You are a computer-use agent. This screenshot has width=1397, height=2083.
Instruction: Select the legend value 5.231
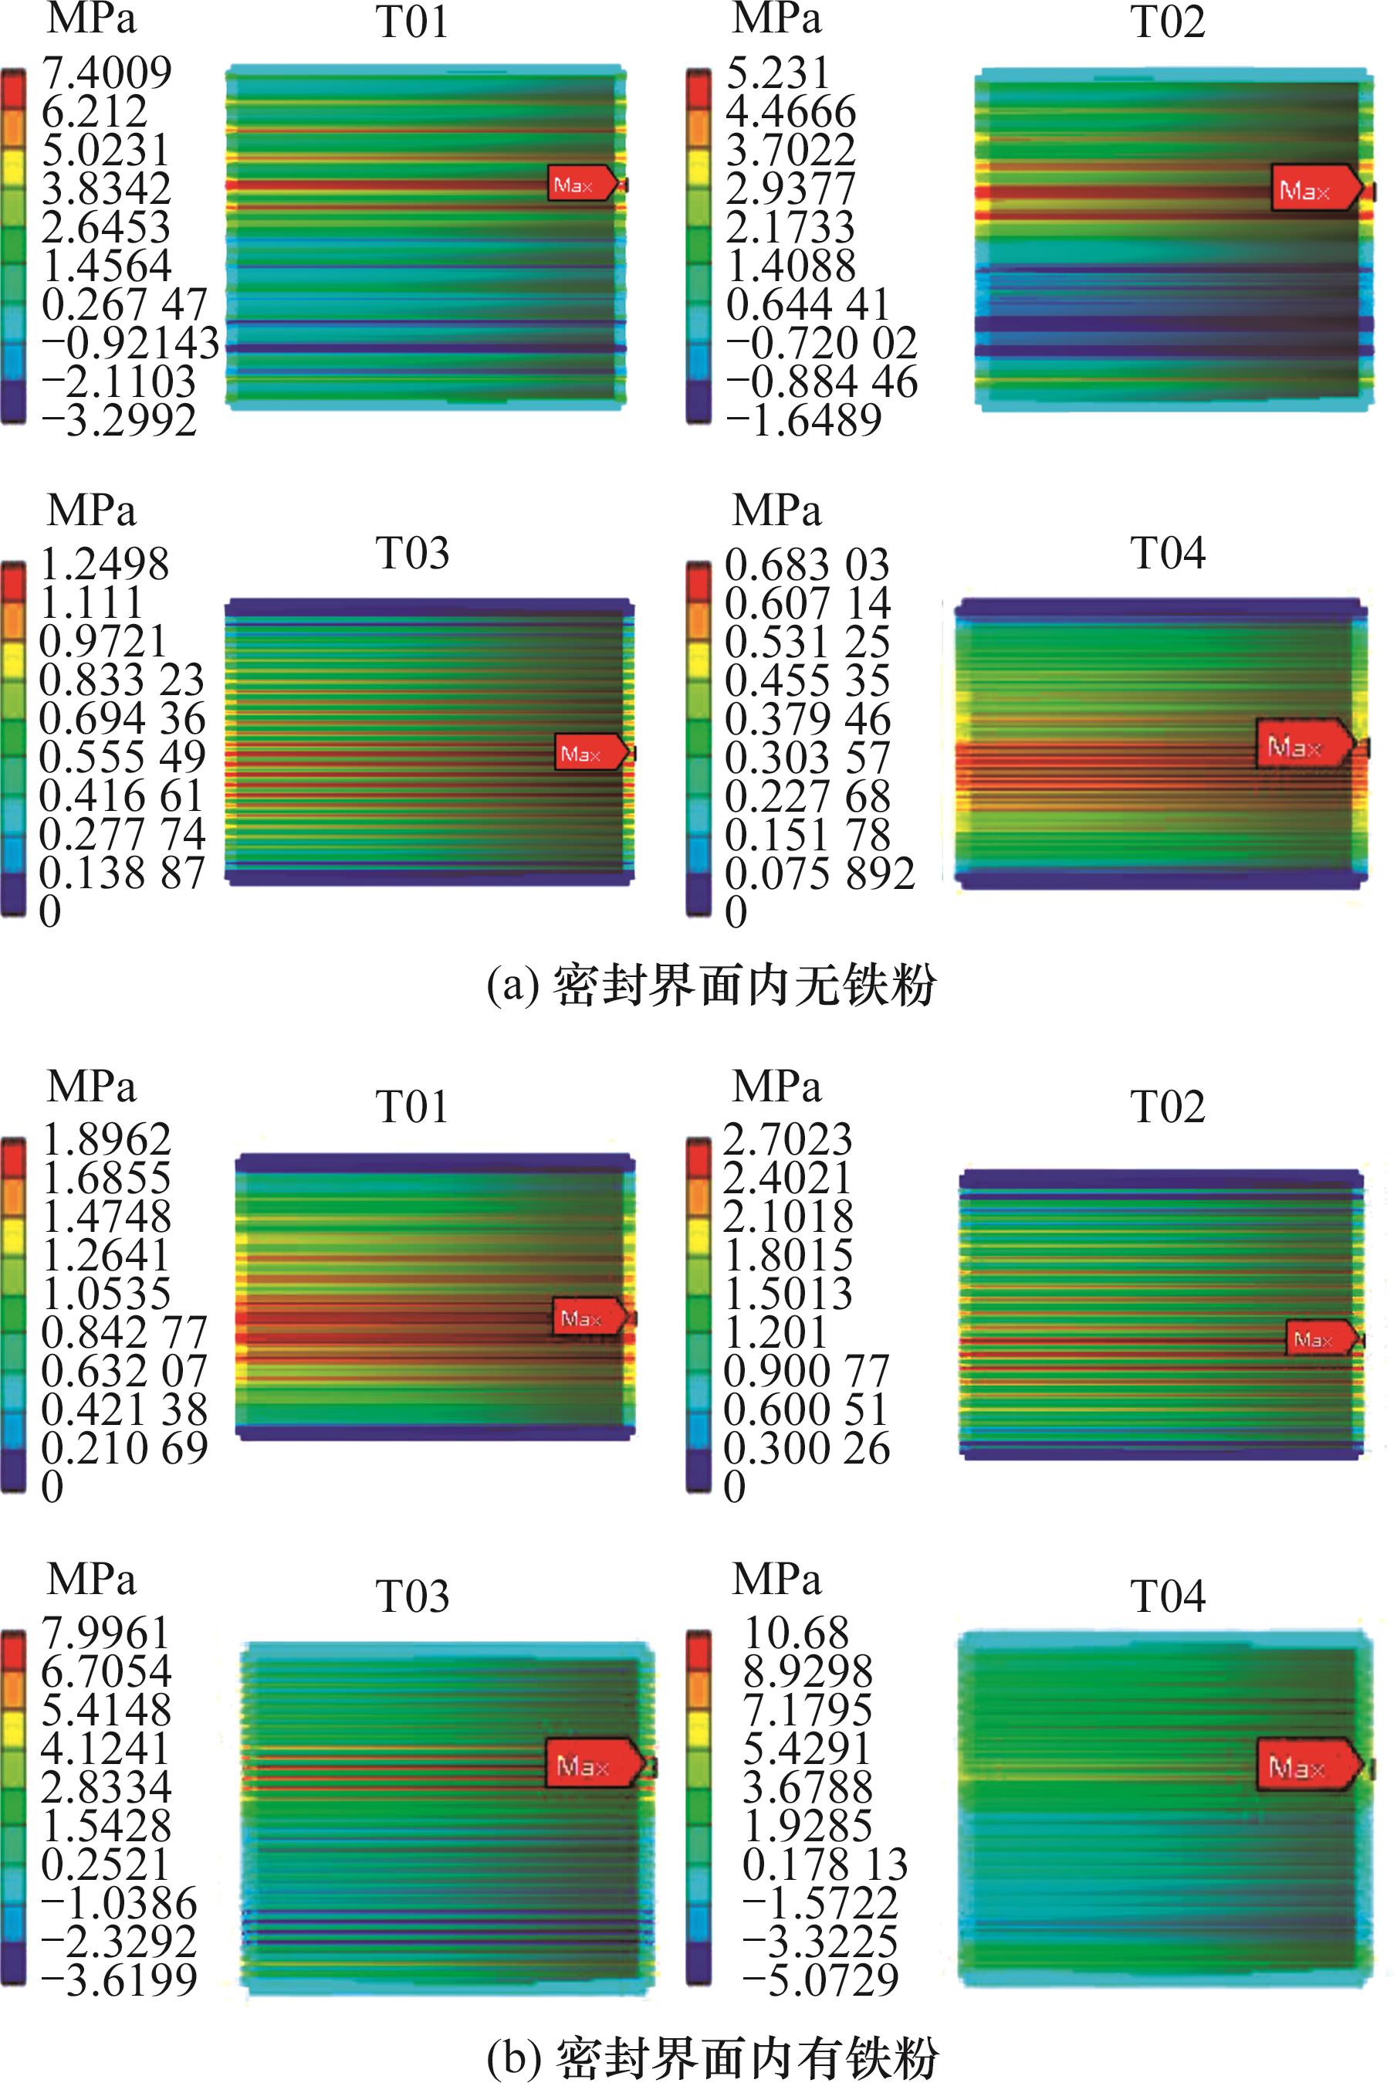777,72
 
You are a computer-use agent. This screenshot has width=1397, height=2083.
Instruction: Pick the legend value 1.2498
104,563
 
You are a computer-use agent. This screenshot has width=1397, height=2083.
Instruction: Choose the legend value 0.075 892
819,874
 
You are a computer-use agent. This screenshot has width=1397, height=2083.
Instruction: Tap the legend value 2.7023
787,1139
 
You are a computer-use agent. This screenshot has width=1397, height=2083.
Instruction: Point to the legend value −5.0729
820,1980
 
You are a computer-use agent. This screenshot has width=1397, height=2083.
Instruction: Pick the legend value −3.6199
119,1980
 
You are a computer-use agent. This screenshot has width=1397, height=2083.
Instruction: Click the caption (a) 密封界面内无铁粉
711,986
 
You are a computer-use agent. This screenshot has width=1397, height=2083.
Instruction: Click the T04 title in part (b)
1167,1596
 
